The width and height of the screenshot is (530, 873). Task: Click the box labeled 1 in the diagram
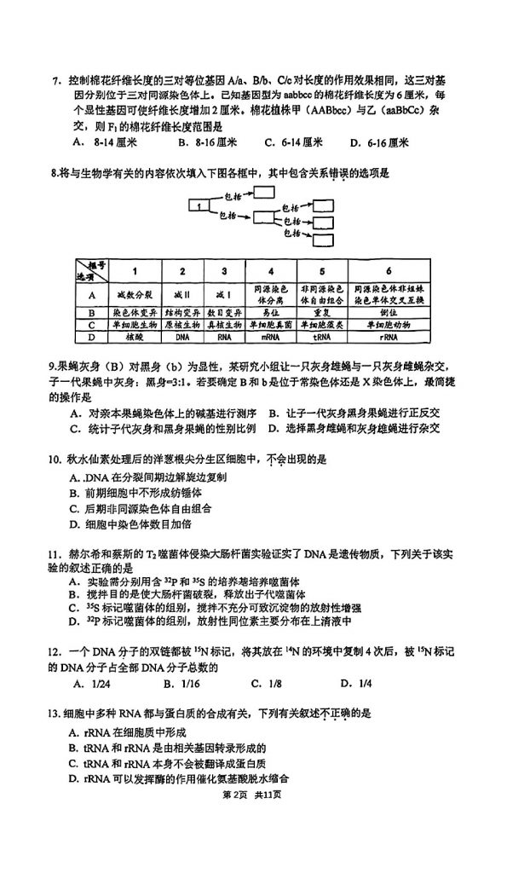click(199, 205)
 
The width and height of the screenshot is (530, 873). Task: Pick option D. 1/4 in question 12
click(356, 683)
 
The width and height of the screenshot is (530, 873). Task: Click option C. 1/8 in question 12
click(267, 683)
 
